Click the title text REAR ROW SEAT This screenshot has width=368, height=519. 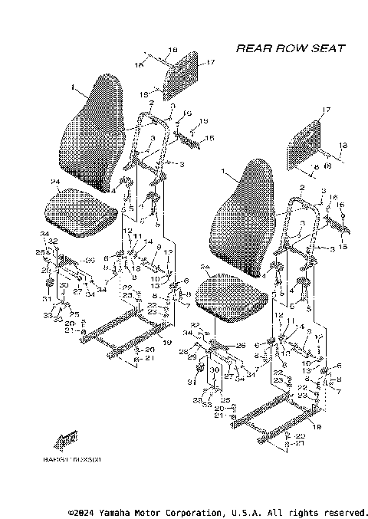290,48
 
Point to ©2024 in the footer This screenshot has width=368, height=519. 81,511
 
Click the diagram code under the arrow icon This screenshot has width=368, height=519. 77,461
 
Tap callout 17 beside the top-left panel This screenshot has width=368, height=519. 209,62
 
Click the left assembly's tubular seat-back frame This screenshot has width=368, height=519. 150,142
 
